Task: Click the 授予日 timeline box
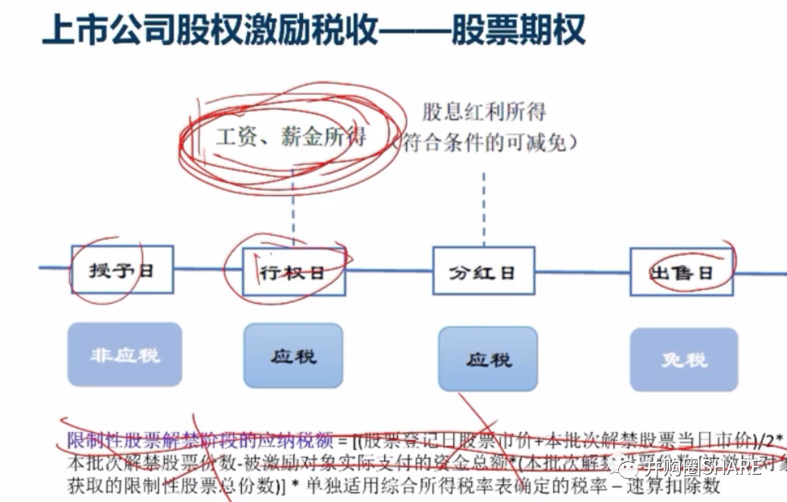(121, 271)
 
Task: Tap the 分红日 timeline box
(484, 271)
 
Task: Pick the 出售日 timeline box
(681, 271)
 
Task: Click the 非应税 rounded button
(125, 354)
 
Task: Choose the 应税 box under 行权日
(293, 355)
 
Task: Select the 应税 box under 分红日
(487, 358)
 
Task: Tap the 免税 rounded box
(684, 359)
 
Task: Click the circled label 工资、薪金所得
(290, 137)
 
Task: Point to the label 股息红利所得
(484, 111)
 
